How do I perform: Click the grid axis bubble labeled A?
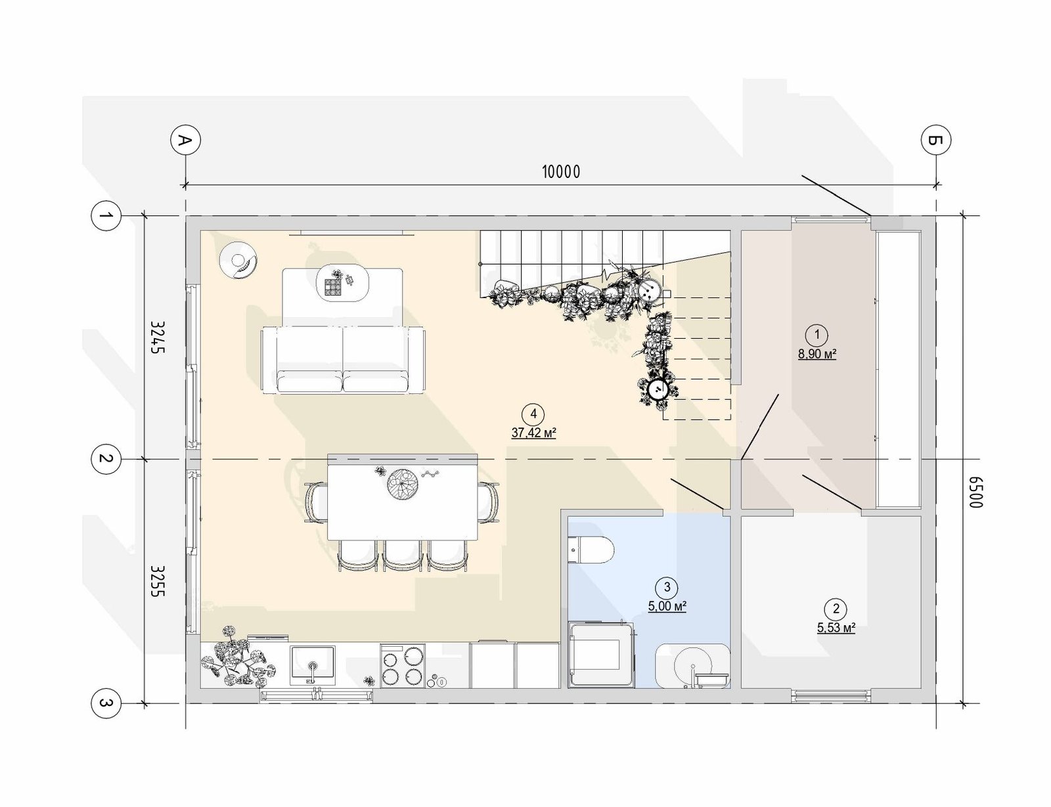185,141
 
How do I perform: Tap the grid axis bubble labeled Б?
936,141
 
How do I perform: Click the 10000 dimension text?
561,171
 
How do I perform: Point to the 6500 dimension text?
975,492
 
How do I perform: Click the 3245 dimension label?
158,337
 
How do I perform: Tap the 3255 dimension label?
158,580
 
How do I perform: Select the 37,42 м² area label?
533,432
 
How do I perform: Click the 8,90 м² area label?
817,354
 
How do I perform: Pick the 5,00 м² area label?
667,606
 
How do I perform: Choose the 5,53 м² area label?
836,628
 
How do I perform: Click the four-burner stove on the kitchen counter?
403,666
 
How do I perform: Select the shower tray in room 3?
600,655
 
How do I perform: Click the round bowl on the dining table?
403,484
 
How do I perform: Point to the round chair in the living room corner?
238,260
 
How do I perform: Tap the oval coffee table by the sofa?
342,282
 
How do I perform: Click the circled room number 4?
533,414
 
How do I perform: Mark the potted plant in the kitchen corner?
238,657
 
